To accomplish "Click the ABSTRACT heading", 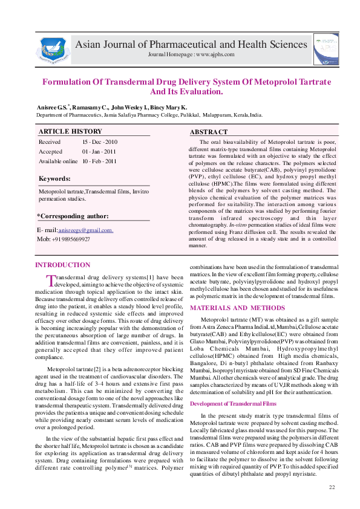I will (x=209, y=132).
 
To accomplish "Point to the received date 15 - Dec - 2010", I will (x=100, y=141).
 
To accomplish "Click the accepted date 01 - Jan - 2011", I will (x=99, y=151).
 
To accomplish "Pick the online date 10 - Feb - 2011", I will (x=100, y=161).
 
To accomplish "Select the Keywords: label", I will (x=54, y=179).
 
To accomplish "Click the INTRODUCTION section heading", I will (x=63, y=265).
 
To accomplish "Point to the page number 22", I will (x=332, y=487).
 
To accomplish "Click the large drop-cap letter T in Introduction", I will (x=51, y=280).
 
